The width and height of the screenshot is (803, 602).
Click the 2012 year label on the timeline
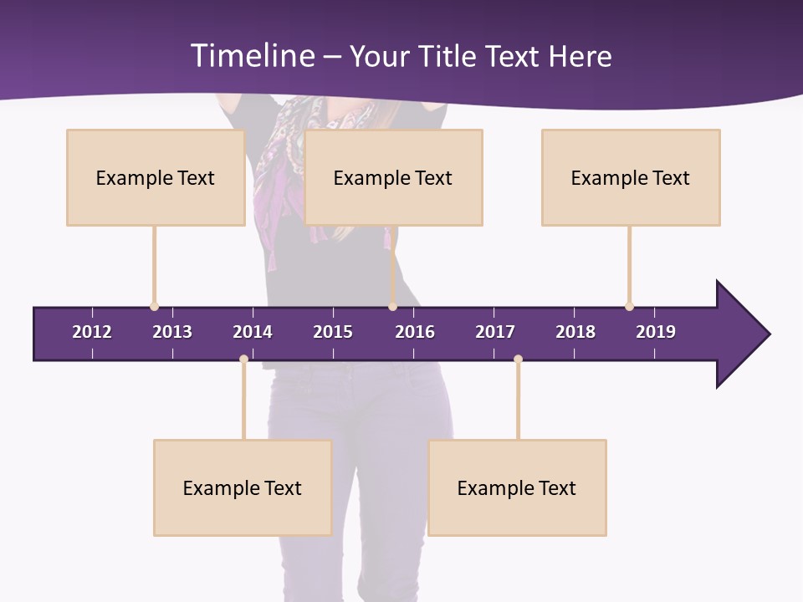click(x=92, y=332)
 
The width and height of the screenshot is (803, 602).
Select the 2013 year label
click(x=172, y=332)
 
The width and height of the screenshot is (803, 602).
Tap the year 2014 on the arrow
click(x=253, y=332)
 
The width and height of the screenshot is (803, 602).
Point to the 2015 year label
click(x=333, y=332)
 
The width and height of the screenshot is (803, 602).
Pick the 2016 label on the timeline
click(x=415, y=332)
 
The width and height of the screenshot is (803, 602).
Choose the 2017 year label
click(x=495, y=332)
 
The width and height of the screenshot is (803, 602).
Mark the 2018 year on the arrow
click(x=575, y=332)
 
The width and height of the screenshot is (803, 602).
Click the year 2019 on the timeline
click(x=656, y=332)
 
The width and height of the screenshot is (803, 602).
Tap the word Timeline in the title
click(x=253, y=56)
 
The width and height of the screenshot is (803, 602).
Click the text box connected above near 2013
click(x=156, y=177)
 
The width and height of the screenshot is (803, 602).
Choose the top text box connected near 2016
click(x=393, y=177)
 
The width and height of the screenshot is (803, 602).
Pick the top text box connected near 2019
click(x=631, y=177)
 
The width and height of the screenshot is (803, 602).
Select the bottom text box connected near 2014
click(x=243, y=487)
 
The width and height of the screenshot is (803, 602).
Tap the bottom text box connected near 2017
click(x=517, y=487)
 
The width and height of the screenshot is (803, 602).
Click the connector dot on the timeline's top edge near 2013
click(x=154, y=307)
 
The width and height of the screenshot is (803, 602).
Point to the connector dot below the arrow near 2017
click(x=518, y=360)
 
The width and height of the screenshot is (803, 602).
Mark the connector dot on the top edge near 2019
click(x=629, y=307)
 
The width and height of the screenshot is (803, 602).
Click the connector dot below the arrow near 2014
click(x=243, y=360)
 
